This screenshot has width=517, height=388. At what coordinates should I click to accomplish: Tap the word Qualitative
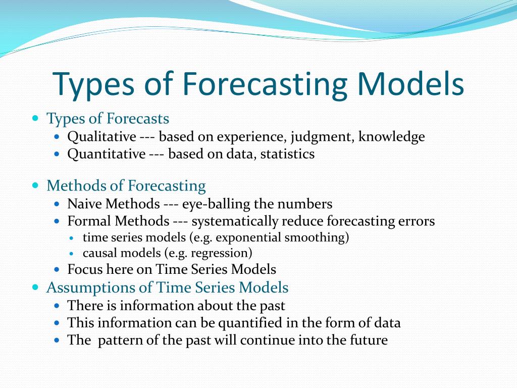(x=101, y=137)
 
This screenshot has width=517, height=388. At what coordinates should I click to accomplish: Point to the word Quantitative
(x=106, y=154)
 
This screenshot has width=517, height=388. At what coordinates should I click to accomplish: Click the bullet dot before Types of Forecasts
(x=35, y=119)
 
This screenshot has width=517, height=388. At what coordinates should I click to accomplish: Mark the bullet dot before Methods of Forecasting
(x=35, y=186)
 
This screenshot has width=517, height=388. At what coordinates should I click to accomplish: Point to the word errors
(x=416, y=221)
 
